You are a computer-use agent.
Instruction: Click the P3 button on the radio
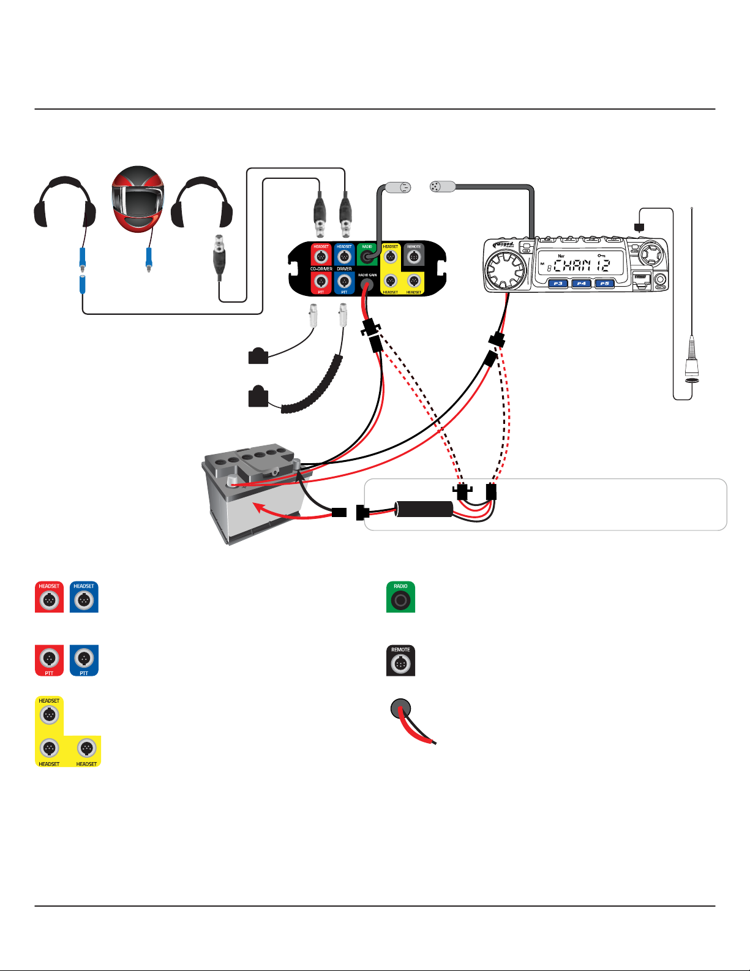pyautogui.click(x=558, y=284)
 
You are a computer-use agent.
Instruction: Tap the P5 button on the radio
pyautogui.click(x=604, y=284)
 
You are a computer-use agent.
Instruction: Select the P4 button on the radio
pyautogui.click(x=581, y=284)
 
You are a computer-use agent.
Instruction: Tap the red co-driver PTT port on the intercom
pyautogui.click(x=321, y=282)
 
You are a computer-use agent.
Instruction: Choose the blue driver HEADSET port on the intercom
pyautogui.click(x=344, y=257)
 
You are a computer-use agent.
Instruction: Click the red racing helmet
pyautogui.click(x=138, y=198)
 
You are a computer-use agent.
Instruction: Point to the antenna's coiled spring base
pyautogui.click(x=691, y=355)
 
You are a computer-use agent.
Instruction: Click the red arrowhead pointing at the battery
pyautogui.click(x=258, y=507)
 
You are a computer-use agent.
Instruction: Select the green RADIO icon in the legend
pyautogui.click(x=400, y=597)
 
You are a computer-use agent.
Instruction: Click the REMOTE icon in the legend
pyautogui.click(x=400, y=660)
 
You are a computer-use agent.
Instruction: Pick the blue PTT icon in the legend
pyautogui.click(x=84, y=660)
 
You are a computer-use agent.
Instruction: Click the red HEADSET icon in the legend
pyautogui.click(x=49, y=597)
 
